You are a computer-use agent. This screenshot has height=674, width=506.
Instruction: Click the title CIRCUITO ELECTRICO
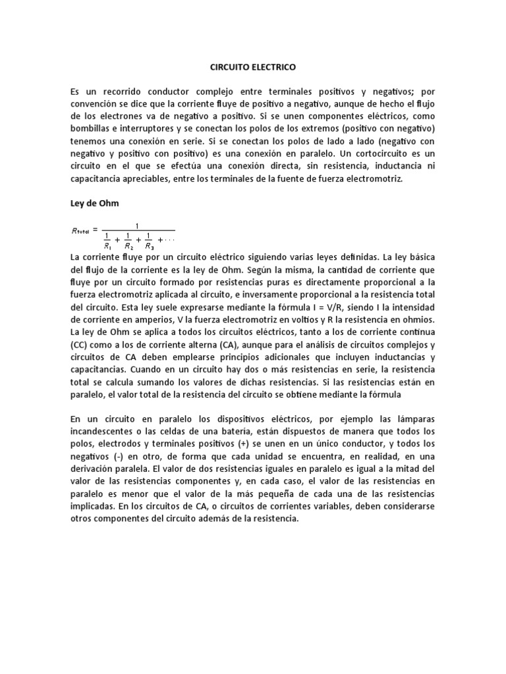coord(253,67)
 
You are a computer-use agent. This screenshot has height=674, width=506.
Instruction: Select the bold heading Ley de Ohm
coord(94,203)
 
